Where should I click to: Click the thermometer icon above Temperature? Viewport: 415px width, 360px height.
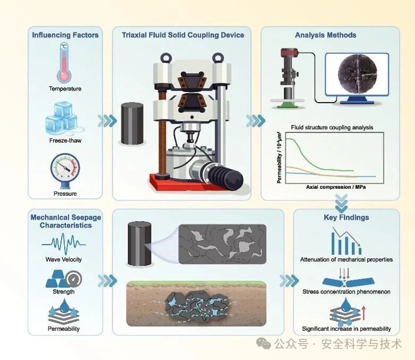point(64,63)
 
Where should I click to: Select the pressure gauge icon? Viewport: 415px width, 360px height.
point(65,170)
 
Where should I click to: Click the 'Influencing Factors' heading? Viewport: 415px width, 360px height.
point(65,35)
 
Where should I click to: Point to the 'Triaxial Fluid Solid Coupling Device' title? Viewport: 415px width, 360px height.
point(183,35)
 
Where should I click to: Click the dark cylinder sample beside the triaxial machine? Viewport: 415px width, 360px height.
point(132,123)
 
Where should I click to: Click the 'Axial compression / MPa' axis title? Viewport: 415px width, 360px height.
point(336,187)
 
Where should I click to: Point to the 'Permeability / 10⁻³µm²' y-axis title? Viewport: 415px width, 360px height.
point(279,157)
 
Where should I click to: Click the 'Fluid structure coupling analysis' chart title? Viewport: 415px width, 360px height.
point(332,128)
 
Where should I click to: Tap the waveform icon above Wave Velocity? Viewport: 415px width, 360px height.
point(64,243)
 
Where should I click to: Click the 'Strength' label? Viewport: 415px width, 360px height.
point(64,291)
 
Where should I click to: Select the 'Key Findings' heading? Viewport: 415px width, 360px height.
point(346,217)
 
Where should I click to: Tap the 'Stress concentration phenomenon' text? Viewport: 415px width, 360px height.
point(346,291)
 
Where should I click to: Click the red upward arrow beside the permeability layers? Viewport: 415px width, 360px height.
point(363,313)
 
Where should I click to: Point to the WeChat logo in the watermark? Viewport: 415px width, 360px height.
point(264,344)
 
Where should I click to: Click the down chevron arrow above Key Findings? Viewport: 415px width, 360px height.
point(342,203)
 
